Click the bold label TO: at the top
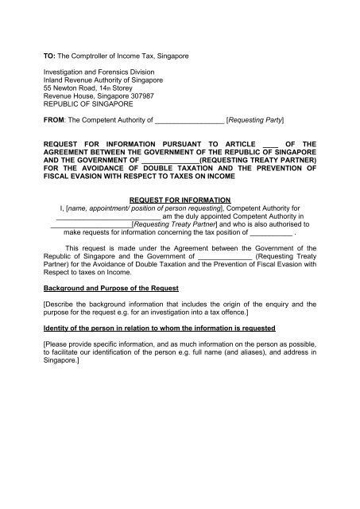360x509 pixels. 49,57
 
